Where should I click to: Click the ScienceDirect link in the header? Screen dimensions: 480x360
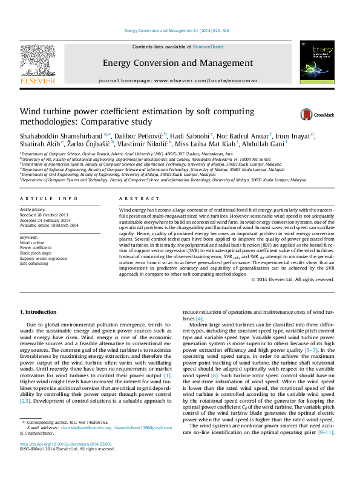click(208, 47)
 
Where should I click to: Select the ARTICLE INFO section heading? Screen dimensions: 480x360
click(49, 198)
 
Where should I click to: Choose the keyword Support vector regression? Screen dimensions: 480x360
click(44, 258)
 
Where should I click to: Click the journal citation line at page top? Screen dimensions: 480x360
click(176, 30)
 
